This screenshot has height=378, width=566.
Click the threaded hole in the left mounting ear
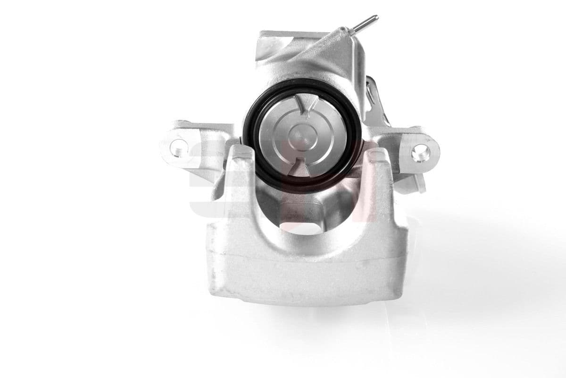(x=178, y=146)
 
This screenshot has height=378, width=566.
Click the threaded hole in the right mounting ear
(x=419, y=152)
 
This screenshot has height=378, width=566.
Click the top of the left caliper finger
(x=241, y=154)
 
